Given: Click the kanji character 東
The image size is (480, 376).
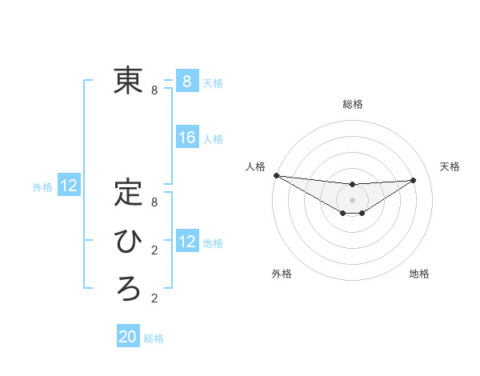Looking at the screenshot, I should pyautogui.click(x=128, y=80).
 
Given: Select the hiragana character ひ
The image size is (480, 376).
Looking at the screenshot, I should pyautogui.click(x=128, y=241).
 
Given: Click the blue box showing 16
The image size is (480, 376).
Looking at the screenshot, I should pyautogui.click(x=187, y=138).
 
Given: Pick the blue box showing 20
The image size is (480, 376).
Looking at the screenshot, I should pyautogui.click(x=128, y=337).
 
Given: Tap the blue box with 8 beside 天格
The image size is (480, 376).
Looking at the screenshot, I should pyautogui.click(x=187, y=81).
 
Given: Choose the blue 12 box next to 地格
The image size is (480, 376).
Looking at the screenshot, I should pyautogui.click(x=187, y=242).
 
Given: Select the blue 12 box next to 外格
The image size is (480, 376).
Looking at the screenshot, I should pyautogui.click(x=69, y=186).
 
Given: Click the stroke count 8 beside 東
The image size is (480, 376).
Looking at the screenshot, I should pyautogui.click(x=154, y=90).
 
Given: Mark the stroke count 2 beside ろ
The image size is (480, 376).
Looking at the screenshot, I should pyautogui.click(x=154, y=298).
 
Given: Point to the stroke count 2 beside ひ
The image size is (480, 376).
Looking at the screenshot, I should pyautogui.click(x=154, y=250).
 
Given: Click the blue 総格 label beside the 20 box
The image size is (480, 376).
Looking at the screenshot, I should pyautogui.click(x=154, y=338).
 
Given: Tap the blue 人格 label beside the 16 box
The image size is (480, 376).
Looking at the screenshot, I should pyautogui.click(x=213, y=139).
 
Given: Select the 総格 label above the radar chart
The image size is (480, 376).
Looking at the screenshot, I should pyautogui.click(x=352, y=104).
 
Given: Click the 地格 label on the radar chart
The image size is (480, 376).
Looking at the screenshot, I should pyautogui.click(x=419, y=274).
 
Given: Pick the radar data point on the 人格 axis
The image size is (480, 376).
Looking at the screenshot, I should pyautogui.click(x=276, y=175).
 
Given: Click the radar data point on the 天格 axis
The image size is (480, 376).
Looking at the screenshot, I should pyautogui.click(x=414, y=180).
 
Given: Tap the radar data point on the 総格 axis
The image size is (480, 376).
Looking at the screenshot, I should pyautogui.click(x=352, y=185).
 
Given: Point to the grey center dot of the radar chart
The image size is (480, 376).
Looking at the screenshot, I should pyautogui.click(x=352, y=200).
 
